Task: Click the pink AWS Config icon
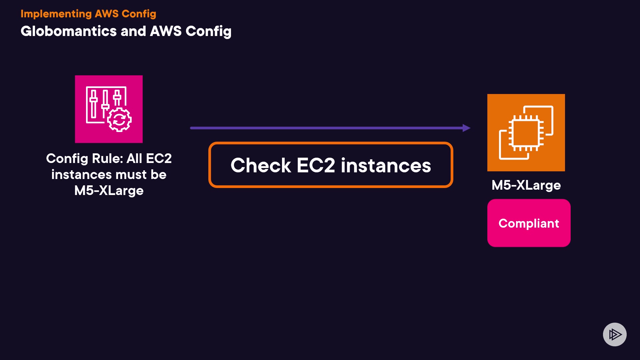coord(109,109)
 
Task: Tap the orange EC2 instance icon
coord(526,133)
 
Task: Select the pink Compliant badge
coord(529,223)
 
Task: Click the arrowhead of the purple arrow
coord(467,128)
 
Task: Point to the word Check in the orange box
coord(261,165)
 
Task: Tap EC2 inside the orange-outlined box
coord(316,165)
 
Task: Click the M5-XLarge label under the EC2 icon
coord(526,185)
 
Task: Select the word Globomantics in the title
coord(69,31)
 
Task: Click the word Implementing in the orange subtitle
coord(56,14)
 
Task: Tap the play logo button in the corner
coord(615,334)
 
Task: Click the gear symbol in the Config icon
coord(119,120)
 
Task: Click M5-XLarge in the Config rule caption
coord(109,191)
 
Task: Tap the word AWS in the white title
coord(166,31)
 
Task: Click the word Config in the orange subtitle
coord(139,14)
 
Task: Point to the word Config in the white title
coord(208,31)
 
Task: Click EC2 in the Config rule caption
coord(159,159)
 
